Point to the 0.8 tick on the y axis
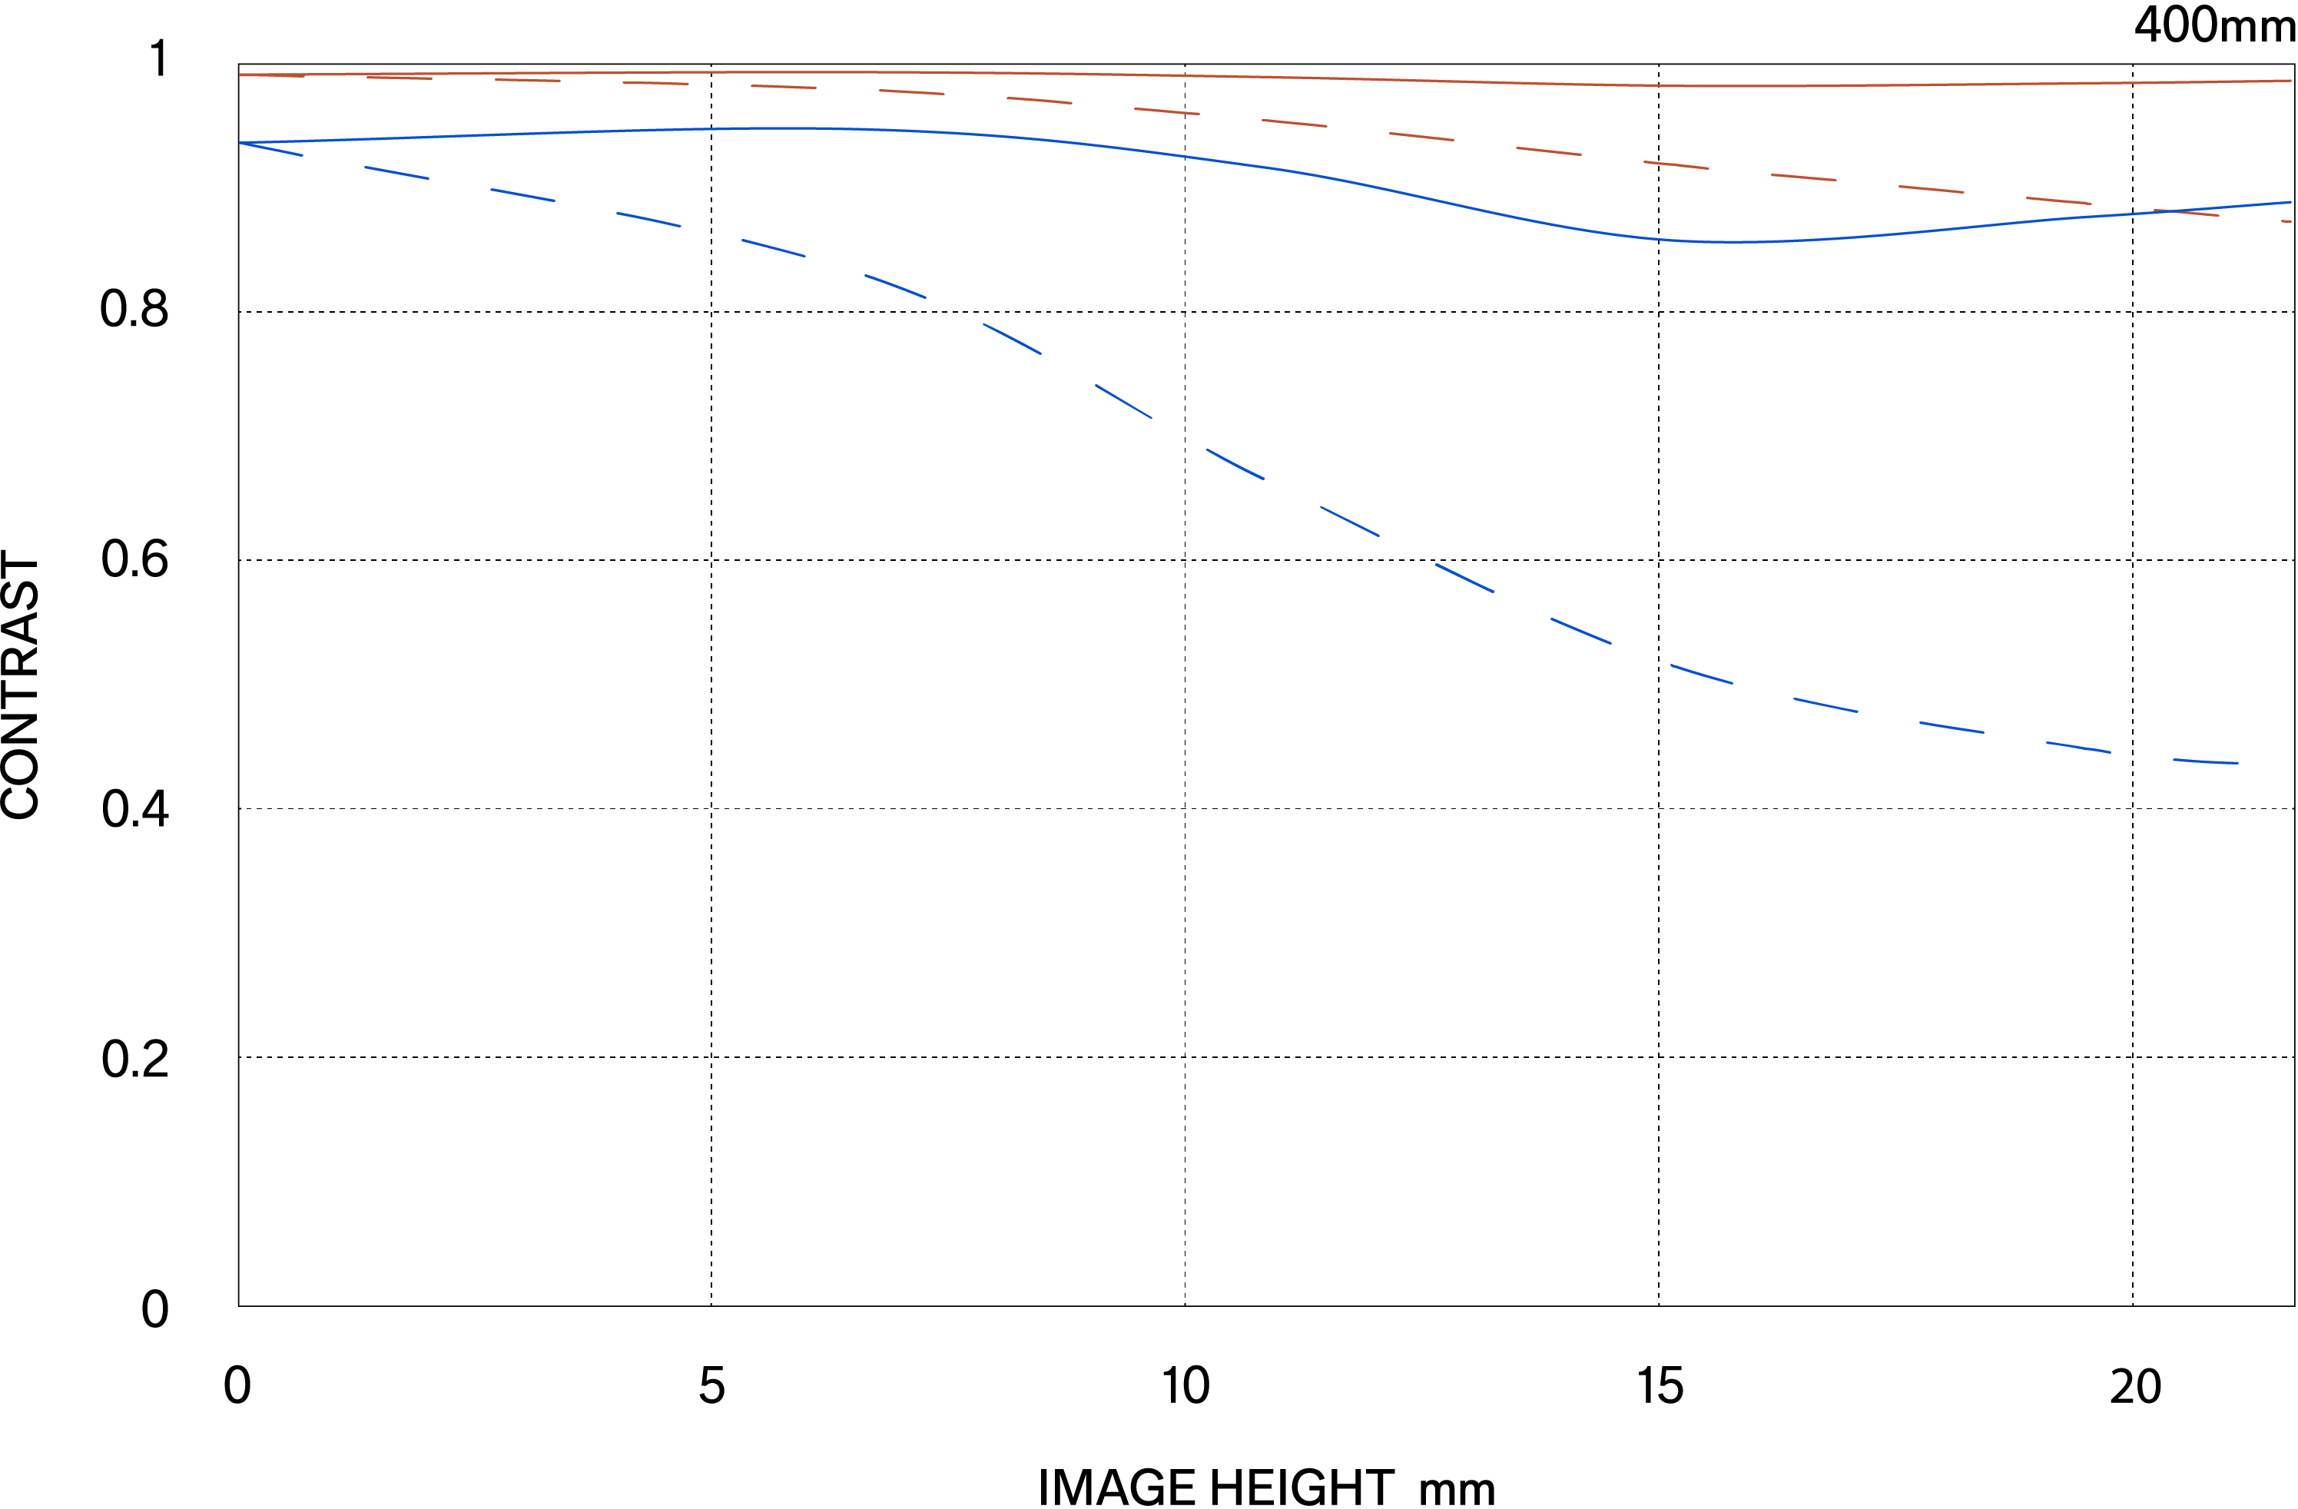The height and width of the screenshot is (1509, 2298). click(x=134, y=310)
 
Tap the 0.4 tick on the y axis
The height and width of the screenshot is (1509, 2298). click(x=134, y=809)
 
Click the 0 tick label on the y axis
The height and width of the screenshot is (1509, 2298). click(x=154, y=1310)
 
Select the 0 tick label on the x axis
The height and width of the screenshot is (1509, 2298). click(x=237, y=1386)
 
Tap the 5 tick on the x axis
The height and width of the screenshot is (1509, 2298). click(x=711, y=1386)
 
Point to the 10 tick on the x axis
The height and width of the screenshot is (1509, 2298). click(x=1185, y=1386)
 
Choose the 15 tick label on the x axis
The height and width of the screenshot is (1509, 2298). click(x=1660, y=1386)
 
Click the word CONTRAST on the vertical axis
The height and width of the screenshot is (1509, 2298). click(x=22, y=685)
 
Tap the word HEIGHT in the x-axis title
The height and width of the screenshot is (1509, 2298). click(x=1302, y=1487)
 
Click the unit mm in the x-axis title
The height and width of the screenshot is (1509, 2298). click(x=1456, y=1490)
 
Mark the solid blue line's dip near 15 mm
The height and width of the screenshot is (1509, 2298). click(x=1729, y=241)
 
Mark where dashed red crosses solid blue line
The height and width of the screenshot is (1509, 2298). click(x=2173, y=211)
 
